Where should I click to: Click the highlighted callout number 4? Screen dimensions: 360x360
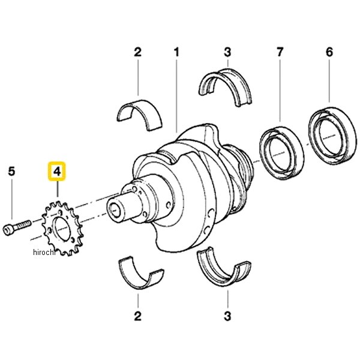pyautogui.click(x=57, y=171)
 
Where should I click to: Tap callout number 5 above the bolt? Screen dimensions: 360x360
pyautogui.click(x=11, y=171)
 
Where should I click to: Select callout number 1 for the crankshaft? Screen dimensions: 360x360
pyautogui.click(x=176, y=52)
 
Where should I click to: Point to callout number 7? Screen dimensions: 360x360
pyautogui.click(x=280, y=52)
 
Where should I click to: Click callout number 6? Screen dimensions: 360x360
pyautogui.click(x=329, y=52)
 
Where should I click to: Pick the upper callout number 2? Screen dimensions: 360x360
pyautogui.click(x=138, y=52)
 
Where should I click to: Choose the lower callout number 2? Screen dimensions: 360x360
pyautogui.click(x=138, y=316)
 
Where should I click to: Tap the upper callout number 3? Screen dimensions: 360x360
pyautogui.click(x=227, y=52)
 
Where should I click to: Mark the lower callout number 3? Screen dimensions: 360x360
pyautogui.click(x=227, y=316)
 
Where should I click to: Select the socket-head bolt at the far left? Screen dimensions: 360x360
pyautogui.click(x=17, y=227)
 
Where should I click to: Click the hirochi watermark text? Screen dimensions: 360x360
pyautogui.click(x=44, y=252)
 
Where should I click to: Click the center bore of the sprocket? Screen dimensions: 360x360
pyautogui.click(x=62, y=229)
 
